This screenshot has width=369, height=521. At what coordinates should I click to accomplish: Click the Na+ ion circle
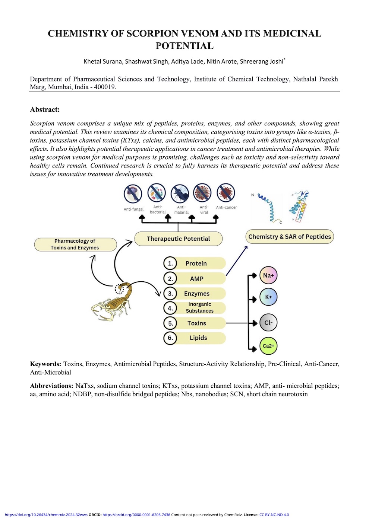point(268,275)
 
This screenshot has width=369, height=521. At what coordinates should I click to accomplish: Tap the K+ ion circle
point(268,297)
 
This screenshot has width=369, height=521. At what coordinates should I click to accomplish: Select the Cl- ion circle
point(268,323)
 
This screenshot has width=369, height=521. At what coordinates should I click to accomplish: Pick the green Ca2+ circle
point(268,346)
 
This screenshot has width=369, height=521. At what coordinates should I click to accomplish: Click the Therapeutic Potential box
point(178,239)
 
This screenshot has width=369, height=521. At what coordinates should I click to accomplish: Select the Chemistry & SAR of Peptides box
point(290,237)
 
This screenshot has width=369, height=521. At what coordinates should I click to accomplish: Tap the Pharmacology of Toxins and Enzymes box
point(75,244)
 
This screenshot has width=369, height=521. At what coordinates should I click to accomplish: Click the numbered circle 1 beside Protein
point(170,263)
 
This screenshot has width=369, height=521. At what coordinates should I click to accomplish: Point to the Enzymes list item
point(197,294)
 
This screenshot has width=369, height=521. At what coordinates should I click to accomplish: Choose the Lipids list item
point(198,338)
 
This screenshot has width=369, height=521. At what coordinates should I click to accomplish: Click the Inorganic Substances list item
point(199,308)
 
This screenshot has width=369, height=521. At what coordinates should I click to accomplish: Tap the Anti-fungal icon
point(133,194)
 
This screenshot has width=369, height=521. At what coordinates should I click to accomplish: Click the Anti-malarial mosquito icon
point(180,193)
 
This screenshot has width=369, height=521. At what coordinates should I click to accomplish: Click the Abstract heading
point(45,109)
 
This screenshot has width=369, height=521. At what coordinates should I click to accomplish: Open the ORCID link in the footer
point(136,515)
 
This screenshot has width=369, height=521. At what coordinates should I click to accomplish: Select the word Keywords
point(45,364)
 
